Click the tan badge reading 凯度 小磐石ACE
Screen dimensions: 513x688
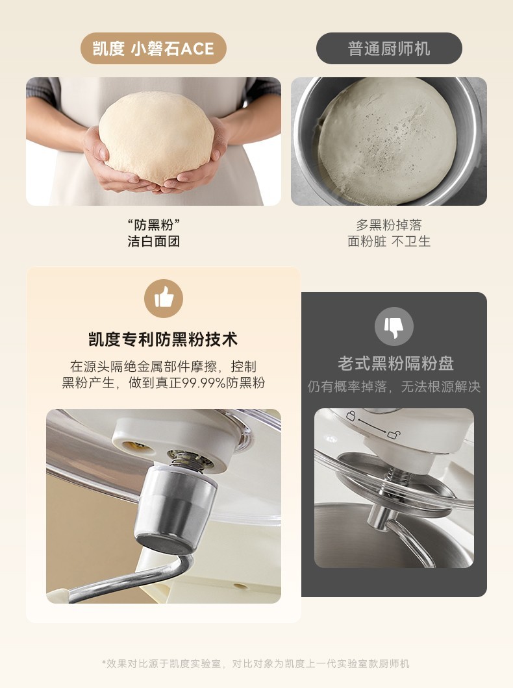[x=153, y=48]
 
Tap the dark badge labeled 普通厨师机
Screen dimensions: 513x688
[x=389, y=48]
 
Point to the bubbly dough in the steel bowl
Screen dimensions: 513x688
[x=387, y=140]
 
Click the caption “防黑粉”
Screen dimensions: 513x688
[x=154, y=225]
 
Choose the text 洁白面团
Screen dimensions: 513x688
[x=154, y=241]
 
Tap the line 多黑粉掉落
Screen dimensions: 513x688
[x=389, y=225]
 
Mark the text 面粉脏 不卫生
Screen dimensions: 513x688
[x=389, y=241]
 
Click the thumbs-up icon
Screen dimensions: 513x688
[x=164, y=299]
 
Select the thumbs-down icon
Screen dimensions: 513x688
[x=394, y=326]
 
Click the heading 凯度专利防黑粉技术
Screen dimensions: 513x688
[x=163, y=339]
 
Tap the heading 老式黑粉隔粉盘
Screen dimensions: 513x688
[x=396, y=363]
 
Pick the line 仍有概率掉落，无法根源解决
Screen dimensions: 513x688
[x=394, y=387]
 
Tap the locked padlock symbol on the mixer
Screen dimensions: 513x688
[x=351, y=415]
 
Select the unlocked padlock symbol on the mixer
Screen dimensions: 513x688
[x=394, y=434]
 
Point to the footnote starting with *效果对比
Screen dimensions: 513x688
[x=256, y=663]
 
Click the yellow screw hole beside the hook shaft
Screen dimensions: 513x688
[x=137, y=447]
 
